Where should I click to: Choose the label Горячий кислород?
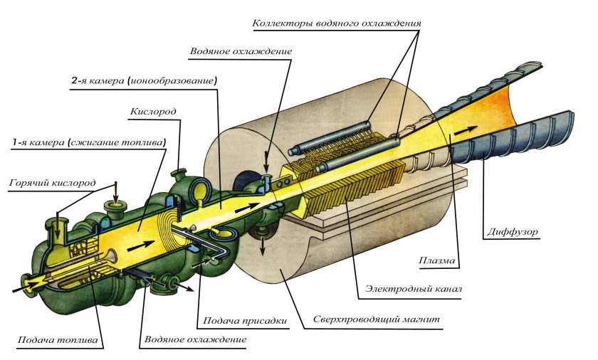[x=53, y=183]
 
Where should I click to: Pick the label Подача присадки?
[x=246, y=321]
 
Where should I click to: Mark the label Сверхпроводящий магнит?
[x=377, y=321]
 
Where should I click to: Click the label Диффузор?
[x=511, y=232]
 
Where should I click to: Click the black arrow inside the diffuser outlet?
[x=466, y=131]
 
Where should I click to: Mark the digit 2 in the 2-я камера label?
[x=75, y=81]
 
